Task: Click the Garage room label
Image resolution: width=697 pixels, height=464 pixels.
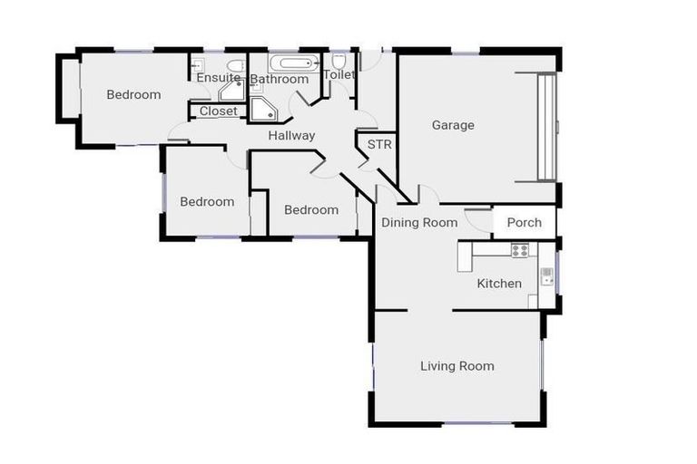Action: (453, 125)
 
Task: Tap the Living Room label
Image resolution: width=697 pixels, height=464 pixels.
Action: (457, 366)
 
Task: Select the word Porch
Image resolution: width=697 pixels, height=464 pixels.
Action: (525, 222)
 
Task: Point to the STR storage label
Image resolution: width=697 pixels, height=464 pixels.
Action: (378, 144)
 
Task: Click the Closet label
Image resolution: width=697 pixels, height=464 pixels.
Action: (218, 111)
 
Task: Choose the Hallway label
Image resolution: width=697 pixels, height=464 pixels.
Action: (291, 136)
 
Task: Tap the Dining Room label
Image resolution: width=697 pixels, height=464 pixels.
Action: (419, 222)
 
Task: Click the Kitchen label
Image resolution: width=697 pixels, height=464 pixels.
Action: (499, 284)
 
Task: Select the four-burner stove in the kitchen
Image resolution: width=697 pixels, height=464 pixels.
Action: (519, 250)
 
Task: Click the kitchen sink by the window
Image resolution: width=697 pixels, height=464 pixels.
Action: (547, 276)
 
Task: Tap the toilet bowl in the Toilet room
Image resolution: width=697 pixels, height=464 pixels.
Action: (339, 63)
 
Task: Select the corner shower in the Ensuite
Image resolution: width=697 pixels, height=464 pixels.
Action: (231, 91)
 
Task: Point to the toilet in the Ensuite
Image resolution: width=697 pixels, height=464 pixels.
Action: (234, 66)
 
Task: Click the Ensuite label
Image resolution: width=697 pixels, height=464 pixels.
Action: (218, 79)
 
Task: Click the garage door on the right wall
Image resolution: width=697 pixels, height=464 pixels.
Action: (546, 127)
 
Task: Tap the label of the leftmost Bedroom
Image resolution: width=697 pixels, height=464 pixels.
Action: (133, 94)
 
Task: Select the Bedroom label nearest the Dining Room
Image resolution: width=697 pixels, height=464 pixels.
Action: (310, 209)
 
